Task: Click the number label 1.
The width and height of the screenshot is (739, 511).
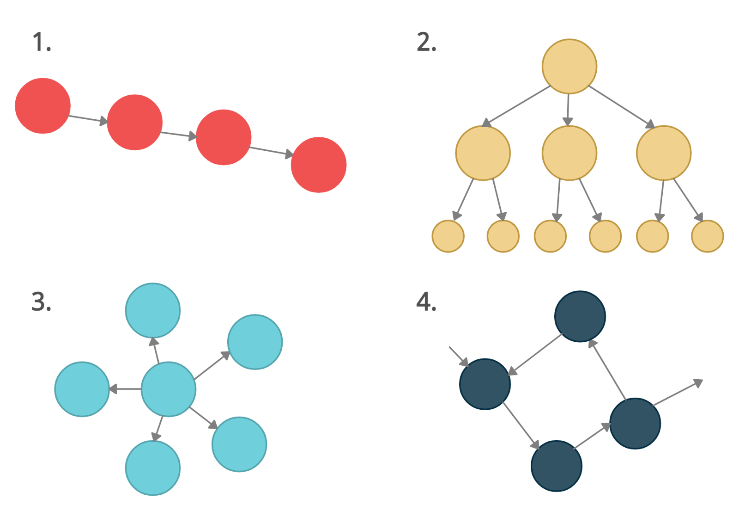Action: click(x=42, y=43)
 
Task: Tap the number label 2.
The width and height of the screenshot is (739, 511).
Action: click(x=428, y=43)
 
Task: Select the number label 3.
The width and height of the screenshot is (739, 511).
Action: click(x=42, y=303)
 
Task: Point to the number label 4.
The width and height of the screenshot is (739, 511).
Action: click(x=428, y=303)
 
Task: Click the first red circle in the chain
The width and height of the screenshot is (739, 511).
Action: click(x=43, y=106)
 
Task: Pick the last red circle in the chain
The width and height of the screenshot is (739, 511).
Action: click(x=319, y=165)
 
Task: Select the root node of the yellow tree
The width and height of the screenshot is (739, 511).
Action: click(x=569, y=67)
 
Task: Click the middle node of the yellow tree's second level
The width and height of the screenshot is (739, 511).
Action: click(x=569, y=153)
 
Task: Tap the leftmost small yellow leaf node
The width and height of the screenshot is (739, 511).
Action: click(x=448, y=236)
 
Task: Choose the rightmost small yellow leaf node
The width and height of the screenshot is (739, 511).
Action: click(x=707, y=236)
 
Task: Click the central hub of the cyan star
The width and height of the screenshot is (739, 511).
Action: click(x=168, y=389)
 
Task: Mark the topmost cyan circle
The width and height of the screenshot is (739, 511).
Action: click(x=153, y=310)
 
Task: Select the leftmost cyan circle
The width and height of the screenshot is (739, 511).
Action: click(x=82, y=389)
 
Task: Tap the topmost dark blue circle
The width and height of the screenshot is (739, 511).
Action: click(x=580, y=316)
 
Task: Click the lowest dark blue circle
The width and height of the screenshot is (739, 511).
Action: click(x=556, y=466)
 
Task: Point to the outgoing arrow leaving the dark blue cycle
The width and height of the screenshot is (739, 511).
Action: click(x=678, y=393)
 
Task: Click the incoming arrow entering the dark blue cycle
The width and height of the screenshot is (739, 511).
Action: click(x=459, y=357)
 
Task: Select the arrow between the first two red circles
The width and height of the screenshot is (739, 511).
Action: click(x=88, y=119)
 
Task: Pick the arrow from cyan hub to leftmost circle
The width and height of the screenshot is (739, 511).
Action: click(x=125, y=389)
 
